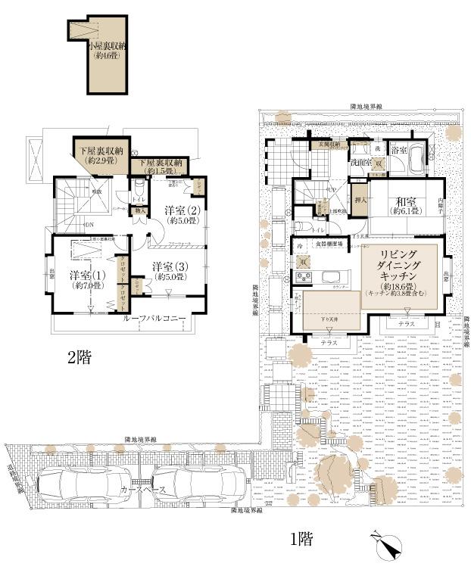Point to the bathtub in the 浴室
[x=417, y=160]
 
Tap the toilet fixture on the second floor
[x=139, y=185]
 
